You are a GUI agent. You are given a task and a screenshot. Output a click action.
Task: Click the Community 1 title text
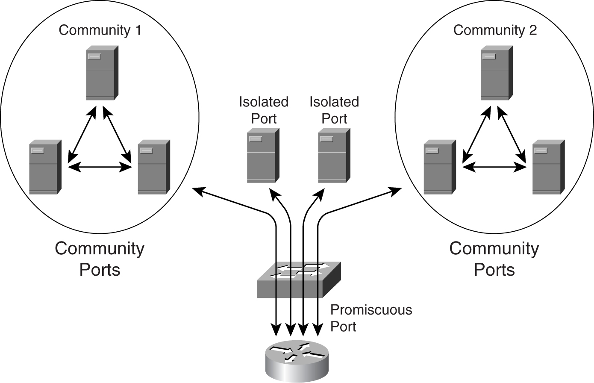[100, 30]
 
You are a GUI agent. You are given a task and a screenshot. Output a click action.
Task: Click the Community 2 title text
[495, 30]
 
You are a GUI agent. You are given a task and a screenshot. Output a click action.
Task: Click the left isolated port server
[263, 156]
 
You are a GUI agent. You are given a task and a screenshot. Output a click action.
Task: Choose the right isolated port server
[334, 156]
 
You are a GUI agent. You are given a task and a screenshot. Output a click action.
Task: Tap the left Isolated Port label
[264, 110]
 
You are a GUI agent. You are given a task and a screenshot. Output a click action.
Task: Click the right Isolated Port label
[334, 110]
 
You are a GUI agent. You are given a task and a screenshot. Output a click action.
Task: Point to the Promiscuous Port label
[371, 318]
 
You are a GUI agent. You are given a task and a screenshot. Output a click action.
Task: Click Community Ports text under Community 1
[100, 259]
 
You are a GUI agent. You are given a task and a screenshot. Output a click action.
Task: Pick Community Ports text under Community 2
[494, 259]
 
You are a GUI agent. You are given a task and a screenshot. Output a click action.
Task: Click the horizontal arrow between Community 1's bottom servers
[100, 167]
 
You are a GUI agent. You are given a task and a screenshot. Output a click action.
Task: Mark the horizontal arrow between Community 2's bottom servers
[494, 167]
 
